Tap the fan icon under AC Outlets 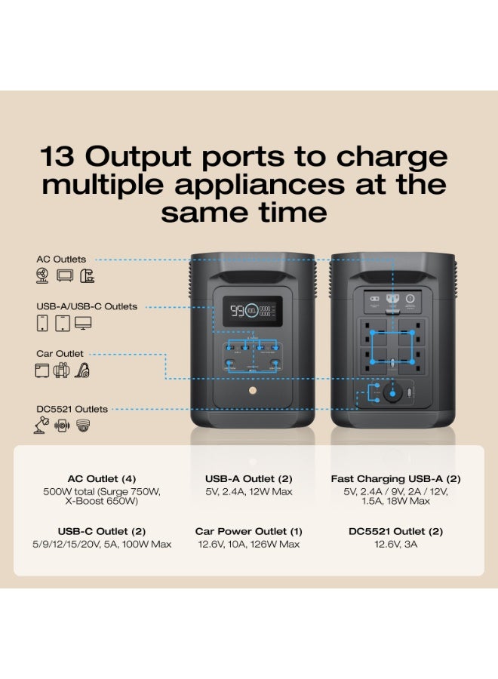tap(42, 276)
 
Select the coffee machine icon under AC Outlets tap(88, 276)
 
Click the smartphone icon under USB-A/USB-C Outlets tap(42, 324)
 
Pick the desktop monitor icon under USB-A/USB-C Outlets tap(83, 324)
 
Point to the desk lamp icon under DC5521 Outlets tap(42, 426)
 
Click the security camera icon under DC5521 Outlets tap(82, 426)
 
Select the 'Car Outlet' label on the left tap(60, 353)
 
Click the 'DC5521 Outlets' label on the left tap(72, 409)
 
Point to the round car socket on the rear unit tap(390, 393)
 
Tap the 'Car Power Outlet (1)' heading tap(248, 531)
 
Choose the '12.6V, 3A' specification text tap(395, 545)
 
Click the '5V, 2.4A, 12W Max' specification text tap(248, 492)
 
